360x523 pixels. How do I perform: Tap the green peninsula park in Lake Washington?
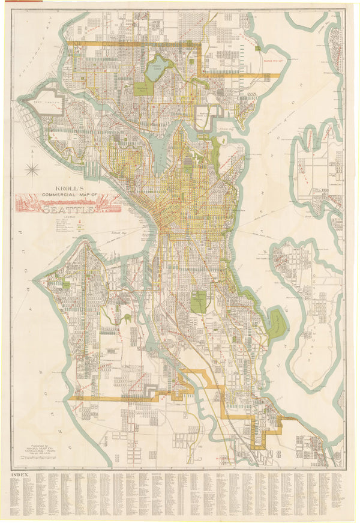277,324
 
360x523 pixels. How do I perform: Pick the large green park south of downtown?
199,301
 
